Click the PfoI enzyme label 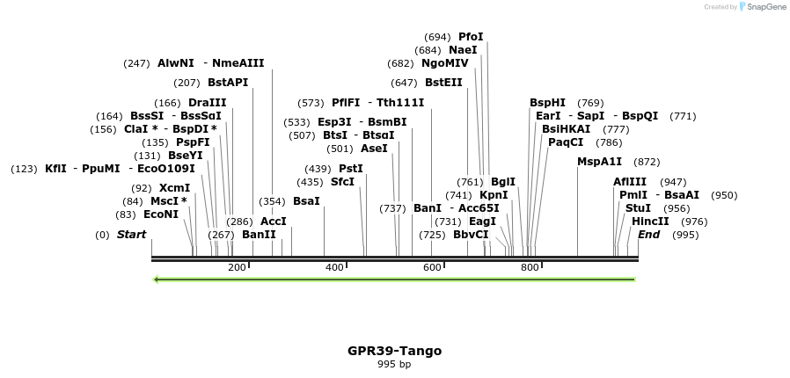pos(471,37)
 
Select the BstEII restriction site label pos(443,83)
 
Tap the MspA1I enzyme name pos(599,162)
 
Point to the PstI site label pos(351,169)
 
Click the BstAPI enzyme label pos(228,83)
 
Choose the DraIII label pos(208,103)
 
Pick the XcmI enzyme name pos(174,188)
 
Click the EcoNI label pos(161,214)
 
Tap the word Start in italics pos(131,235)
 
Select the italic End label pos(648,235)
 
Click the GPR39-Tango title pos(394,351)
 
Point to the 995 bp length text pos(394,364)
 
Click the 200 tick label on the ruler pos(237,267)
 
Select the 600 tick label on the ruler pos(432,267)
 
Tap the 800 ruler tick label pos(530,267)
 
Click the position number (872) pos(647,162)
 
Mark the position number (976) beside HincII pos(694,222)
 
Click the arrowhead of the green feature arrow pos(157,280)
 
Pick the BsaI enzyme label pos(306,201)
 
